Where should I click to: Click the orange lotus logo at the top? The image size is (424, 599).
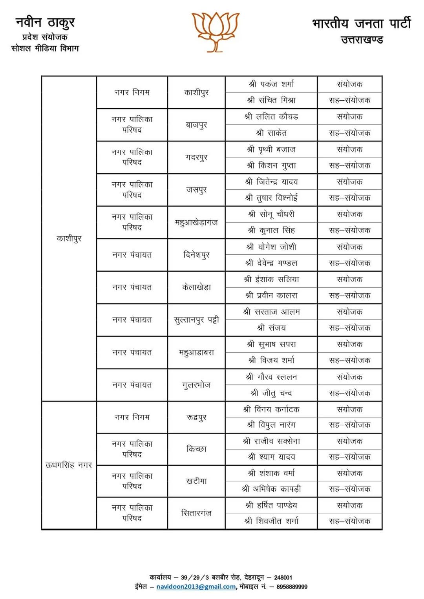(215, 31)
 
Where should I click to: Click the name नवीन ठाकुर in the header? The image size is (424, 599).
(45, 23)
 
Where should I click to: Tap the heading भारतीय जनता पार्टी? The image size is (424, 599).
(361, 24)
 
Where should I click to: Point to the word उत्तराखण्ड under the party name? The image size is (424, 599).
(362, 40)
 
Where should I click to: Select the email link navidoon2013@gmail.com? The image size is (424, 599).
(196, 586)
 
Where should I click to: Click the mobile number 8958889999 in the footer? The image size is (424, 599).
(292, 586)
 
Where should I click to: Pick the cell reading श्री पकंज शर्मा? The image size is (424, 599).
(271, 84)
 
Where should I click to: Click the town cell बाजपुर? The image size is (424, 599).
(196, 125)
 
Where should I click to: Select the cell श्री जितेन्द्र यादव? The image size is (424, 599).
(271, 182)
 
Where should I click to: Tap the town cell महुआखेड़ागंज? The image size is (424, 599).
(196, 222)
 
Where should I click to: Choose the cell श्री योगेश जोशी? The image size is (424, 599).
(271, 247)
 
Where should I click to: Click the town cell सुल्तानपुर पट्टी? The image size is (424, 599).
(196, 319)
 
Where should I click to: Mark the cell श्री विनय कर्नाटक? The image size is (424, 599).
(271, 409)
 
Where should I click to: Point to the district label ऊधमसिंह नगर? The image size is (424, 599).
(69, 465)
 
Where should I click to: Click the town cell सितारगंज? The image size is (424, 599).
(196, 513)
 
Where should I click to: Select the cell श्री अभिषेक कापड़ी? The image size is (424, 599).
(271, 489)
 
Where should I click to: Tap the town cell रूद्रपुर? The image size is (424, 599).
(196, 417)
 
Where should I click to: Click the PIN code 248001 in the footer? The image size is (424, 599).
(283, 577)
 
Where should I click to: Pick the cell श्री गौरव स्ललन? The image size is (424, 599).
(271, 377)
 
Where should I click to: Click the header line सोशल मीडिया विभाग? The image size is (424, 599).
(45, 48)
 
